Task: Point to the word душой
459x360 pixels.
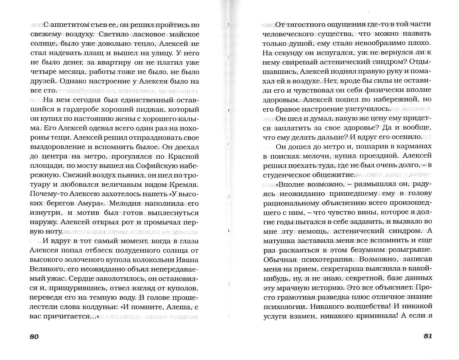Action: (x=297, y=43)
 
